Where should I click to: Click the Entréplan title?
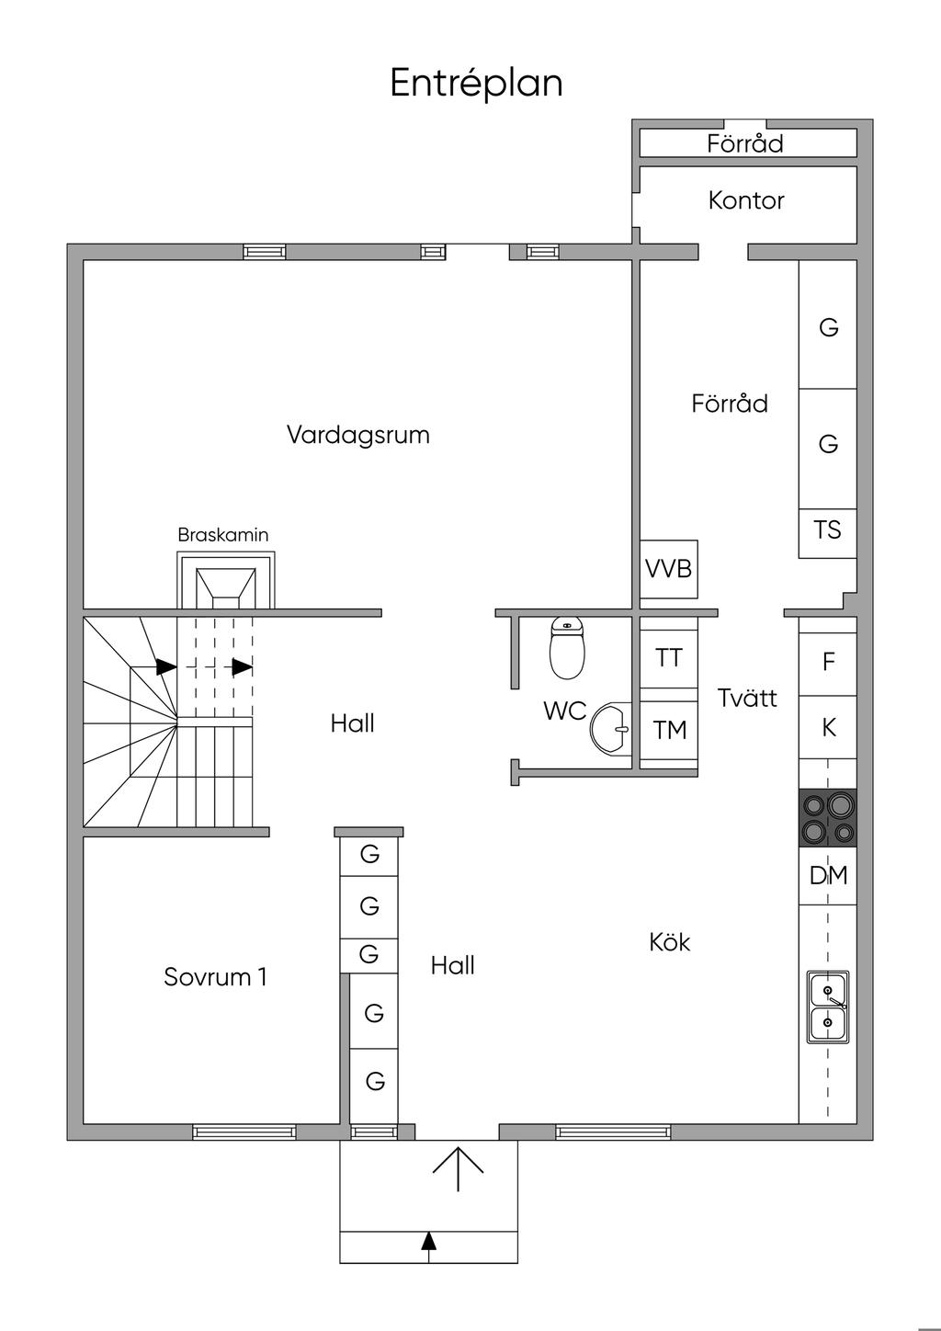coord(476,83)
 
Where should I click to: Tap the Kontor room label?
coord(746,200)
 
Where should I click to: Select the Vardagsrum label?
coord(358,435)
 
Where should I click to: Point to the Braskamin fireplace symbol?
coord(226,580)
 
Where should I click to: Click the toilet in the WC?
coord(567,647)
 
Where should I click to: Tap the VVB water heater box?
coord(668,569)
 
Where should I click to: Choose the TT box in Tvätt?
coord(668,659)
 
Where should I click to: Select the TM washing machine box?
coord(668,730)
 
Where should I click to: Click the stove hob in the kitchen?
coord(828,817)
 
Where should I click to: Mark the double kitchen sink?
coord(828,1007)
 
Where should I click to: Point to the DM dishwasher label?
coord(828,875)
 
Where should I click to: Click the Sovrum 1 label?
coord(215,977)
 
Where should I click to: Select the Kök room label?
coord(670,942)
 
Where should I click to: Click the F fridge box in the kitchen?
coord(828,661)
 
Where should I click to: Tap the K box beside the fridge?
coord(828,727)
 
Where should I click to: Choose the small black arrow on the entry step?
coord(429,1242)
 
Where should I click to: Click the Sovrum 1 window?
coord(244,1132)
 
